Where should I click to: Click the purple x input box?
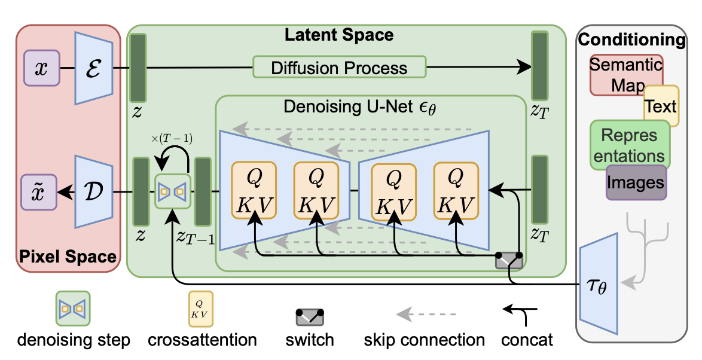42,68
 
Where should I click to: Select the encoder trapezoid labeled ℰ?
93,68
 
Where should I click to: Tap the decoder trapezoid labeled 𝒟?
93,191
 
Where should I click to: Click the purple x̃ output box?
39,193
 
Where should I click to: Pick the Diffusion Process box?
340,67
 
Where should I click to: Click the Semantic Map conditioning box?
626,75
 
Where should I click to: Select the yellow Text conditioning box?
661,106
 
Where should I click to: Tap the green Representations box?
630,145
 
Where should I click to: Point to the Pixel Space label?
68,257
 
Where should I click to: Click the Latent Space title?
340,35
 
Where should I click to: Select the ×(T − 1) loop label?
172,139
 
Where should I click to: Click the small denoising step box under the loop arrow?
173,191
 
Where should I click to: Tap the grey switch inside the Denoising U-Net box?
509,260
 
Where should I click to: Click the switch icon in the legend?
309,316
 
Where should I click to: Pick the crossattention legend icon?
200,309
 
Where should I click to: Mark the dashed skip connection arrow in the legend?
427,315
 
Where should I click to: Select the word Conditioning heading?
631,40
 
